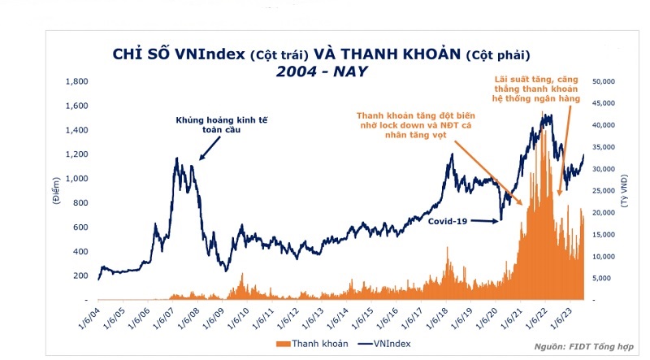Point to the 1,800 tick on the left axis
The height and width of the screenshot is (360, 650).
[76, 82]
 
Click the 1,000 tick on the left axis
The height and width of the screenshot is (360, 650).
[76, 179]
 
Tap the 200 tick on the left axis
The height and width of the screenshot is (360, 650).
[79, 276]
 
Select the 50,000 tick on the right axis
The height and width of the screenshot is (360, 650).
[607, 82]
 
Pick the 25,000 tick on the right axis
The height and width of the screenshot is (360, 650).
[607, 191]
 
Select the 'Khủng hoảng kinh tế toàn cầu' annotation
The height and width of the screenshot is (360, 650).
[221, 124]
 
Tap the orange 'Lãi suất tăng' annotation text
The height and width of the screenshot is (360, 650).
[538, 89]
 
